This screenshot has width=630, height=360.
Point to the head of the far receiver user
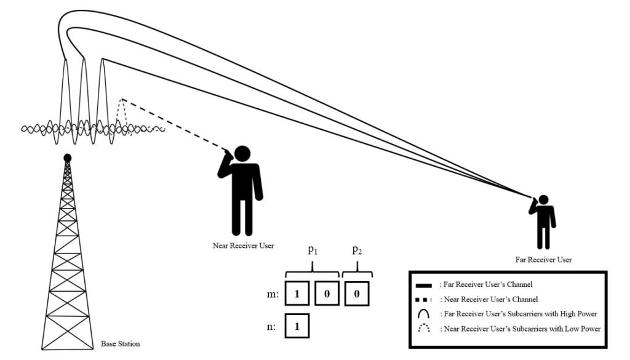tap(544, 201)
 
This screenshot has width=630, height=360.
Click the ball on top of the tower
tap(68, 158)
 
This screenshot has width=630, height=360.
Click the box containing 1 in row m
tap(297, 294)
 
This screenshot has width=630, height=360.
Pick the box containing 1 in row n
tap(297, 327)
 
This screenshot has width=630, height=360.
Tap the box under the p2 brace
tap(357, 294)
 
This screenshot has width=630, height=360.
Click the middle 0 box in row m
tap(327, 294)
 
